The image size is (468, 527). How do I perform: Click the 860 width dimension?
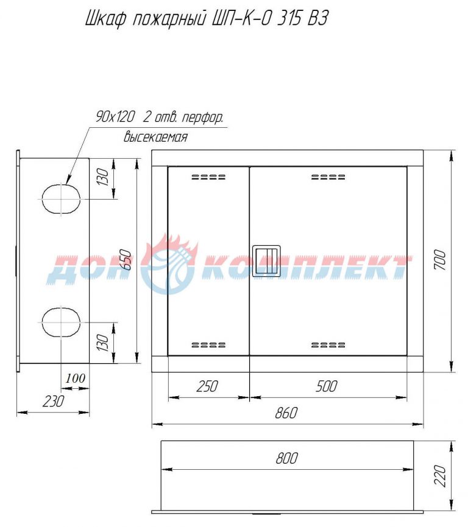coord(286,413)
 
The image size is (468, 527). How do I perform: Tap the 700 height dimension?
coord(440,260)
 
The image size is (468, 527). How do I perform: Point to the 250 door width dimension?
coord(207,386)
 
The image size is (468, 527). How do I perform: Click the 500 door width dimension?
coord(327,386)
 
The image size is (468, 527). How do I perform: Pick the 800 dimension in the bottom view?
coord(286,458)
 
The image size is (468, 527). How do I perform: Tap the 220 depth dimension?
coord(440,476)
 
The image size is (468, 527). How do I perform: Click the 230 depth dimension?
coord(53,401)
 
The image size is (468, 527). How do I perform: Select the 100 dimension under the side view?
coord(75,379)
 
